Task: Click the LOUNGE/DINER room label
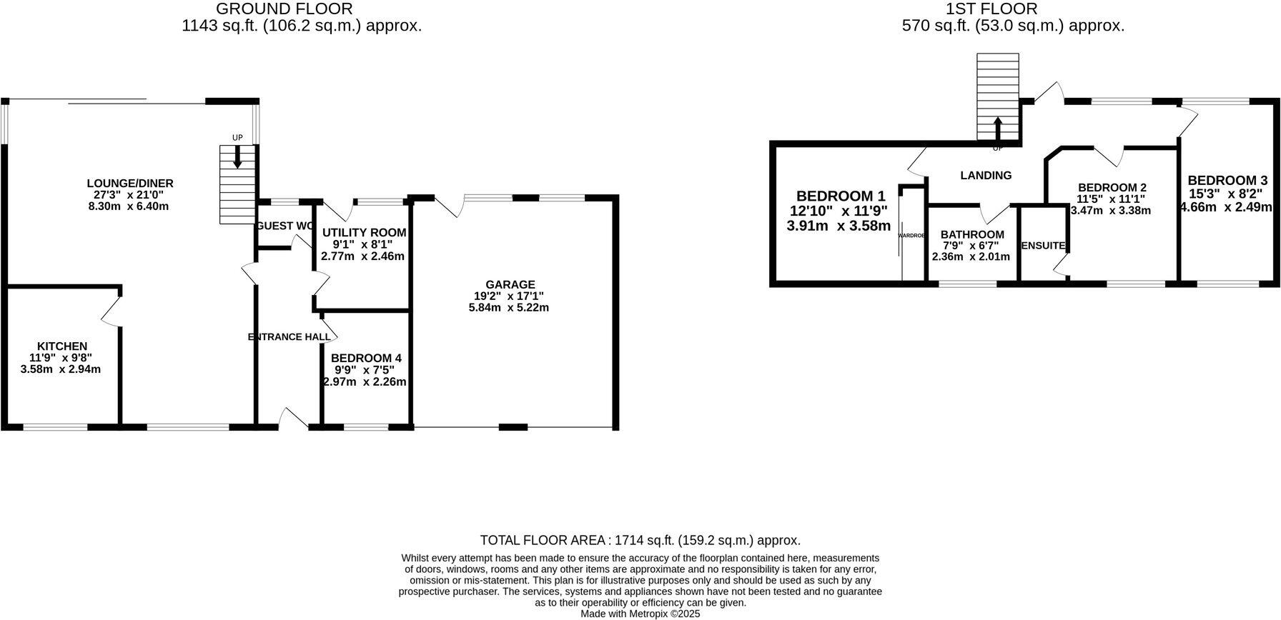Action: pyautogui.click(x=130, y=184)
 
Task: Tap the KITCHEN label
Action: pyautogui.click(x=62, y=346)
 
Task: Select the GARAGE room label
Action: pyautogui.click(x=510, y=284)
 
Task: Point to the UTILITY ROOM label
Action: pyautogui.click(x=364, y=233)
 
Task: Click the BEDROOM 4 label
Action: pyautogui.click(x=366, y=358)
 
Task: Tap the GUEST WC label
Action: pyautogui.click(x=285, y=226)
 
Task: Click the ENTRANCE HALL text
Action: pyautogui.click(x=290, y=336)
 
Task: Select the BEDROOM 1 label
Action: pyautogui.click(x=841, y=196)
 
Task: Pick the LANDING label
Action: pyautogui.click(x=986, y=175)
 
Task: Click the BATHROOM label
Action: pyautogui.click(x=972, y=234)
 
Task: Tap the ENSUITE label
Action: pyautogui.click(x=1044, y=246)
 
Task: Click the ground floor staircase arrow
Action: pyautogui.click(x=237, y=157)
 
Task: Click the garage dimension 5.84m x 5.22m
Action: pyautogui.click(x=508, y=308)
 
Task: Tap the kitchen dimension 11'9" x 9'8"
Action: pyautogui.click(x=61, y=358)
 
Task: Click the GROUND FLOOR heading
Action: pyautogui.click(x=284, y=9)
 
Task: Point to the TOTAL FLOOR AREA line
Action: pyautogui.click(x=640, y=541)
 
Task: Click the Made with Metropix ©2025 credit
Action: pyautogui.click(x=640, y=614)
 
